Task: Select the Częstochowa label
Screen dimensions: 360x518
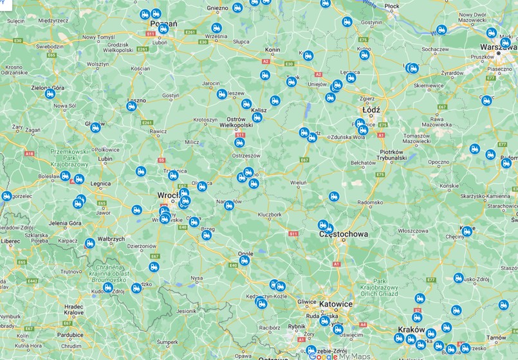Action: [x=344, y=235]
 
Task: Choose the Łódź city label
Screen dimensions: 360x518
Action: [x=371, y=110]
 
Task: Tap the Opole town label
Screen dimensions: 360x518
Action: [x=245, y=253]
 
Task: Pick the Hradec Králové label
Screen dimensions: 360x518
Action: [x=74, y=310]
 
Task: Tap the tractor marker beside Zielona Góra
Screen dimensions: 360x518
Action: [x=50, y=94]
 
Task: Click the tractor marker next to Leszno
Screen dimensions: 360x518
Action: [x=132, y=107]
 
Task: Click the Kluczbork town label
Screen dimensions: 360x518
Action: [x=270, y=214]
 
